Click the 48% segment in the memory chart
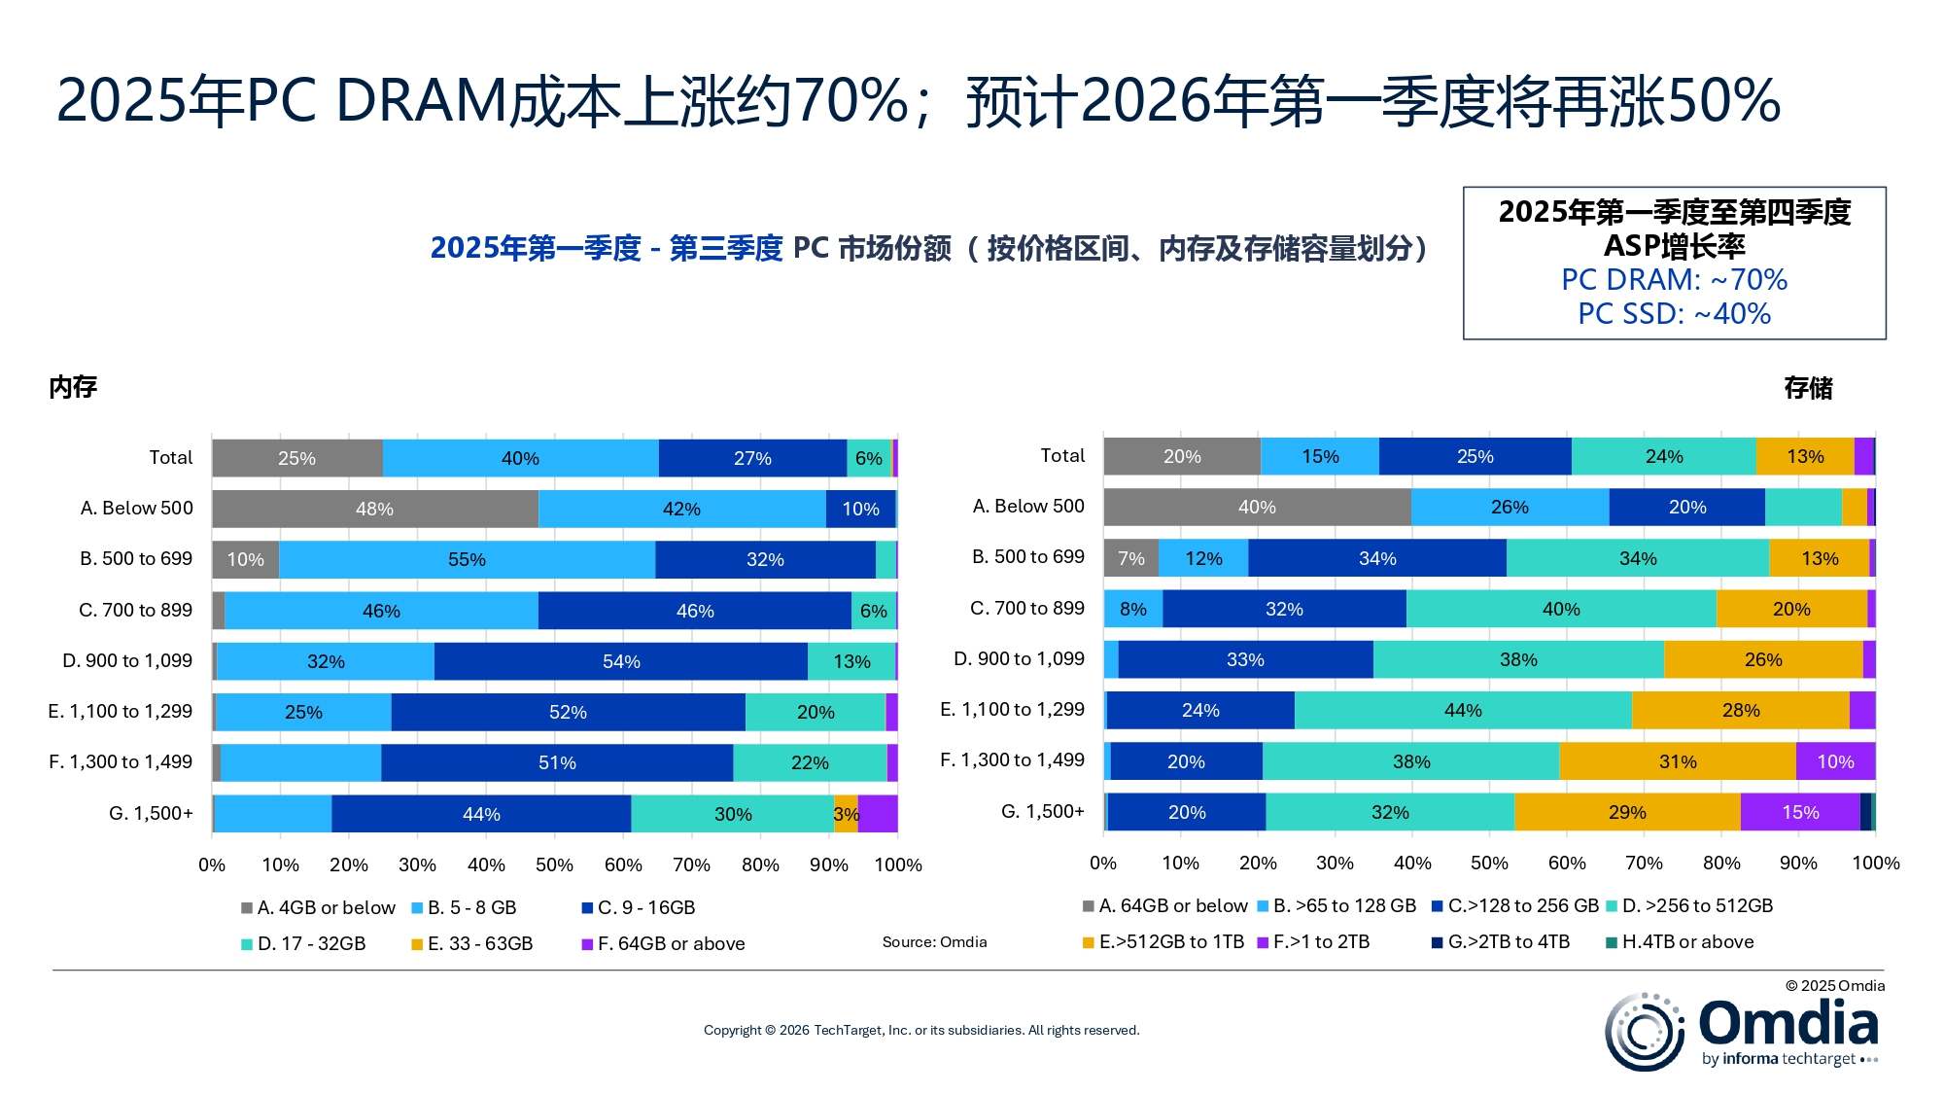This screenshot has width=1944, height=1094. tap(374, 509)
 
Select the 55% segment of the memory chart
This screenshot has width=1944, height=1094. tap(467, 559)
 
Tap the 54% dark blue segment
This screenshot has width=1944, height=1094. tap(620, 661)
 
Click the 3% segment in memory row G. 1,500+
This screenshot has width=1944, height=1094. tap(845, 814)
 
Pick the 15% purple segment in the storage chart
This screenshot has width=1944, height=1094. tap(1799, 812)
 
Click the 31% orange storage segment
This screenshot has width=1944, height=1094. tap(1677, 761)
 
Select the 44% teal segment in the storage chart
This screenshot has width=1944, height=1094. tap(1462, 710)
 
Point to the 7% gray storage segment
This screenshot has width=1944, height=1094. tap(1130, 558)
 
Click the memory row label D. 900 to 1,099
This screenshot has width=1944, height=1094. tap(127, 660)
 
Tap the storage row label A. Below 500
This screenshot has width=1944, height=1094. tap(1028, 506)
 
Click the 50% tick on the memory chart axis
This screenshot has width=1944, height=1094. tap(554, 865)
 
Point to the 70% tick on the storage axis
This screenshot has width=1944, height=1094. tap(1644, 863)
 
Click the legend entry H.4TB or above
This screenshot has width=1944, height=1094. tap(1687, 941)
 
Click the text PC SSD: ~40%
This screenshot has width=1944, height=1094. tap(1674, 313)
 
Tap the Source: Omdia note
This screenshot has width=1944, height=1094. tap(934, 941)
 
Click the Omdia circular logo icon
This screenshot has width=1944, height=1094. tap(1644, 1032)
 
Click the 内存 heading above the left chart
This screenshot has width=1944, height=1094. tap(73, 387)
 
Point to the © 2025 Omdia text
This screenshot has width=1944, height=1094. tap(1834, 985)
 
